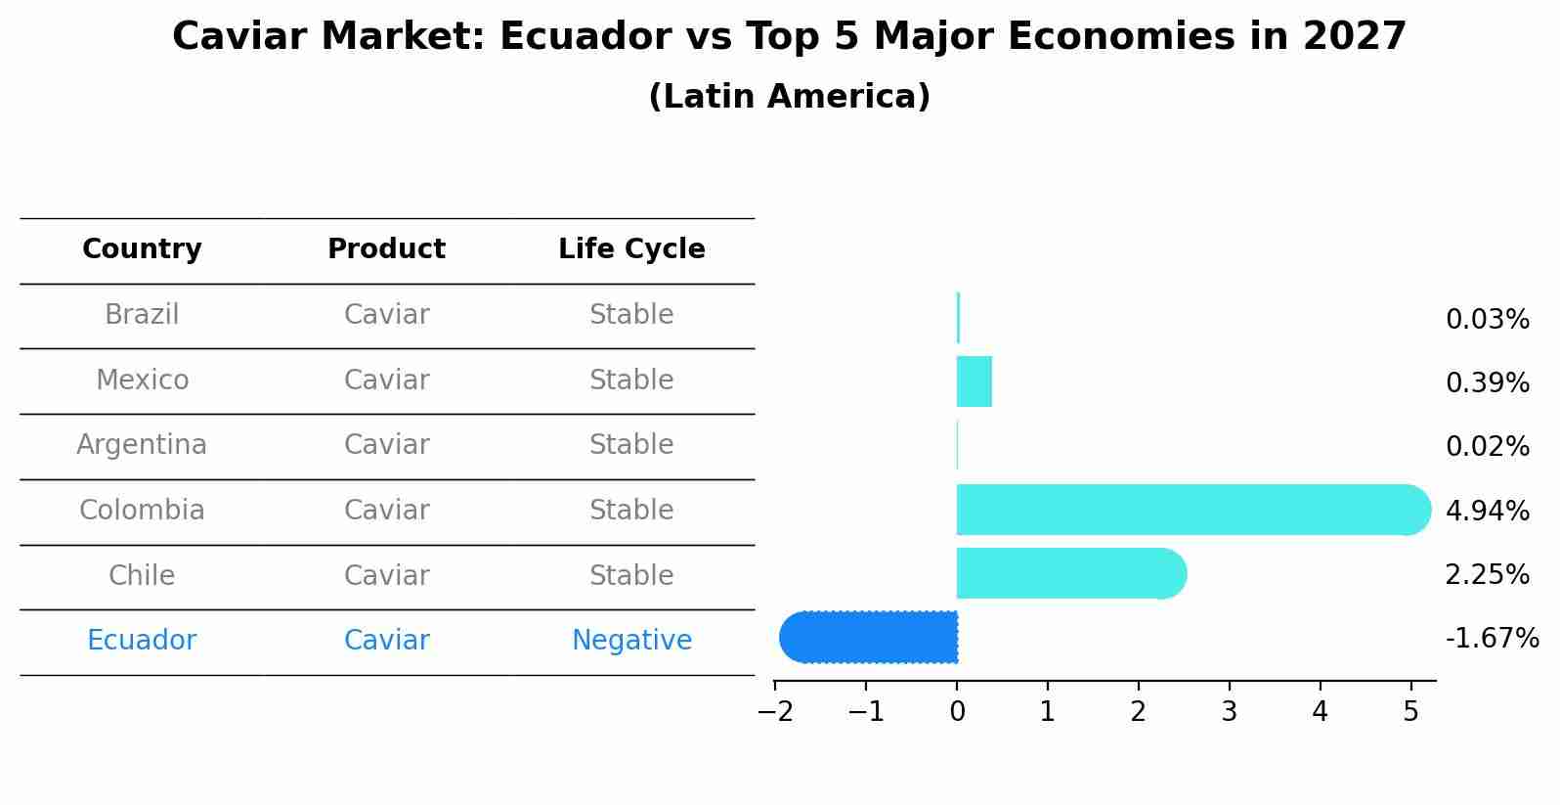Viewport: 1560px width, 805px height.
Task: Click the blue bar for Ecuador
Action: coord(868,637)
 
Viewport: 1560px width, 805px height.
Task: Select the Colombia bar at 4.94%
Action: coord(1193,510)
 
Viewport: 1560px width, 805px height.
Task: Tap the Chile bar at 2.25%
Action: coord(1072,573)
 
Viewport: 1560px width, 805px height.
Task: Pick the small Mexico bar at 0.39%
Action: coord(975,381)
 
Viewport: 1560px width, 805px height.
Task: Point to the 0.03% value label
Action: coord(1488,319)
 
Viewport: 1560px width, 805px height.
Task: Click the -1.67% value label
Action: coord(1493,638)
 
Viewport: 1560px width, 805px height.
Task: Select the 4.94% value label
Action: coord(1488,511)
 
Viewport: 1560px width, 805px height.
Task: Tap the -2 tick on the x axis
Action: coord(775,711)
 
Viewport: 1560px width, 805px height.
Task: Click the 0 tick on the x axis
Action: coord(958,711)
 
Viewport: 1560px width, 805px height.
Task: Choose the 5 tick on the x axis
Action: coord(1411,711)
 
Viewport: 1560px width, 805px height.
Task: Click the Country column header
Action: coord(142,248)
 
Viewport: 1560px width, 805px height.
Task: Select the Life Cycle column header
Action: coord(631,248)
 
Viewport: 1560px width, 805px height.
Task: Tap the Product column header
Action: coord(386,248)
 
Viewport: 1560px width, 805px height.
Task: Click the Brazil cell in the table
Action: coord(142,314)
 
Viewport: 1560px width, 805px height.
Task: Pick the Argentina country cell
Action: coord(142,445)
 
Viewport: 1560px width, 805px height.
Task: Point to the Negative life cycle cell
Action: coord(631,640)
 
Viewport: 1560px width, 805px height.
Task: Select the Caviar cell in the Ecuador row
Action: coord(386,640)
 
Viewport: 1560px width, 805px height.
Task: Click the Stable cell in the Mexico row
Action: coord(631,380)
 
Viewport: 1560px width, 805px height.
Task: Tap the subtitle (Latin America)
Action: coord(790,96)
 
